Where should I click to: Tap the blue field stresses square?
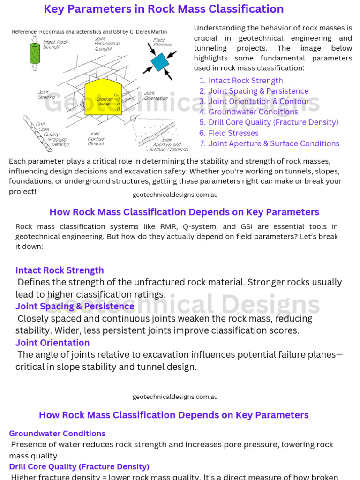[x=160, y=61]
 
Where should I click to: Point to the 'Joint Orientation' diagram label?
[x=156, y=96]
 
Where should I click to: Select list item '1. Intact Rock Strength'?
[x=241, y=81]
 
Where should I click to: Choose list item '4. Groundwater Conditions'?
[x=248, y=112]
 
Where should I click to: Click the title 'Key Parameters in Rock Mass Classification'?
[x=164, y=9]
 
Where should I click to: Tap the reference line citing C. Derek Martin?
[x=90, y=32]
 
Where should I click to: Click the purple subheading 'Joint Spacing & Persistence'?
[x=75, y=306]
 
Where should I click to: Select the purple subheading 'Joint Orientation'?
[x=52, y=343]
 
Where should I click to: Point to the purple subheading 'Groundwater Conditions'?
[x=57, y=434]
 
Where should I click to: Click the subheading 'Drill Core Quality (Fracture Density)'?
[x=79, y=467]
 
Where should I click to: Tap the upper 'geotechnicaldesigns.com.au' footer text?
[x=175, y=195]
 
